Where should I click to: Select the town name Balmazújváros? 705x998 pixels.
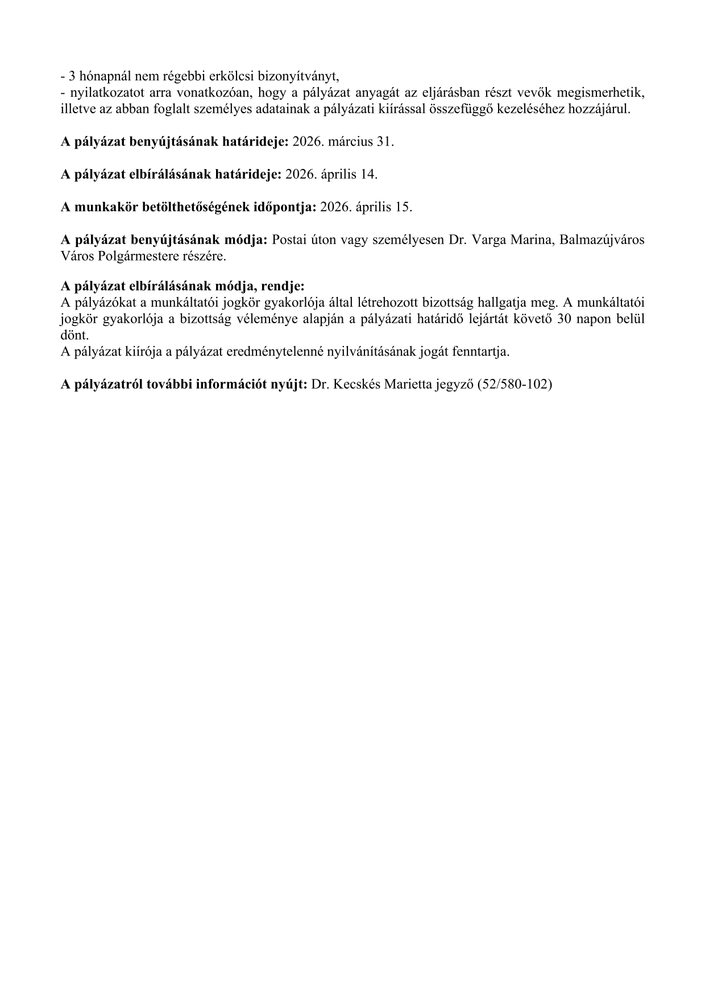[x=602, y=240]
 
